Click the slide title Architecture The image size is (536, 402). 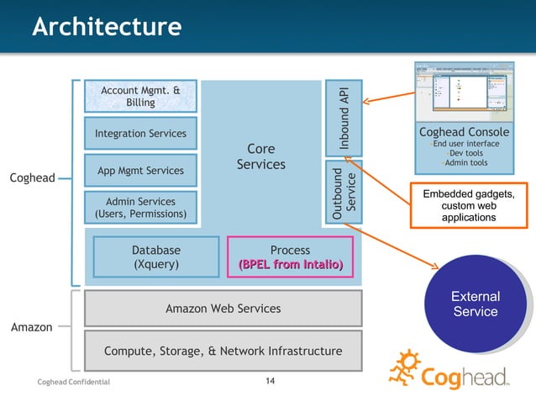pyautogui.click(x=106, y=27)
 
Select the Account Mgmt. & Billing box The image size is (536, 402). pyautogui.click(x=140, y=97)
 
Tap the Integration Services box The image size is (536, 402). pyautogui.click(x=140, y=134)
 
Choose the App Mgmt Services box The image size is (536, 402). pyautogui.click(x=140, y=171)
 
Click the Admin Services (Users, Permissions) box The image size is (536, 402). pyautogui.click(x=140, y=208)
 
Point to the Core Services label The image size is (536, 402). pyautogui.click(x=260, y=156)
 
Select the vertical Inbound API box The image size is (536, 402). pyautogui.click(x=344, y=118)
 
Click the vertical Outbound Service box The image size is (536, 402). pyautogui.click(x=344, y=193)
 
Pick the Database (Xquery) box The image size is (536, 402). pyautogui.click(x=155, y=257)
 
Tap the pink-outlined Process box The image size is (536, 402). pyautogui.click(x=290, y=257)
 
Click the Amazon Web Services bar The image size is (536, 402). pyautogui.click(x=223, y=309)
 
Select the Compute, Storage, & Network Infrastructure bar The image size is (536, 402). pyautogui.click(x=223, y=351)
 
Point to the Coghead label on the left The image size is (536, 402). pyautogui.click(x=31, y=177)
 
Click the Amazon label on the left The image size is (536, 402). pyautogui.click(x=31, y=327)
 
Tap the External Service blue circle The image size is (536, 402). pyautogui.click(x=476, y=304)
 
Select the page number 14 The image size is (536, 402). pyautogui.click(x=270, y=383)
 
